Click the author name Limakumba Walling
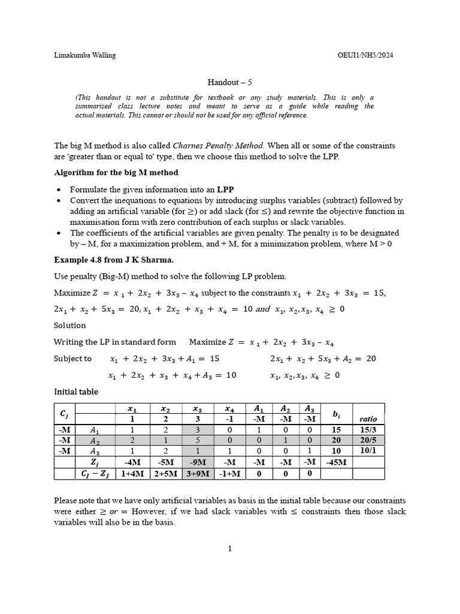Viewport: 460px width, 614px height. point(85,56)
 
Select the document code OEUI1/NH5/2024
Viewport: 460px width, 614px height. point(365,56)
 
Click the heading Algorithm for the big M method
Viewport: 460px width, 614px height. point(116,173)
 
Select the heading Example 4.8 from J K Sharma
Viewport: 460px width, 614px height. point(106,260)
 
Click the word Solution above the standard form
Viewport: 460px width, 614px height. point(70,325)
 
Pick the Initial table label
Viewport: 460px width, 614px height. point(76,392)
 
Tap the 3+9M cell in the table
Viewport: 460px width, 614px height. point(198,474)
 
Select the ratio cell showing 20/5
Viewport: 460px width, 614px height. point(368,441)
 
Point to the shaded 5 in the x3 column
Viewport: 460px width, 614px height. point(198,441)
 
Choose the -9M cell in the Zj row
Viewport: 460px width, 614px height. point(198,462)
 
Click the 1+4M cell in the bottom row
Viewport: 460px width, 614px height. point(132,474)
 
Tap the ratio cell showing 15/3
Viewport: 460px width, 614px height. point(368,430)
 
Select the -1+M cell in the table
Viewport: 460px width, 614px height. point(231,474)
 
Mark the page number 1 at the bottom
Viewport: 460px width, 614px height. point(229,548)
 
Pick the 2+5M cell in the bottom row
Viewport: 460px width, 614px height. point(165,474)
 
